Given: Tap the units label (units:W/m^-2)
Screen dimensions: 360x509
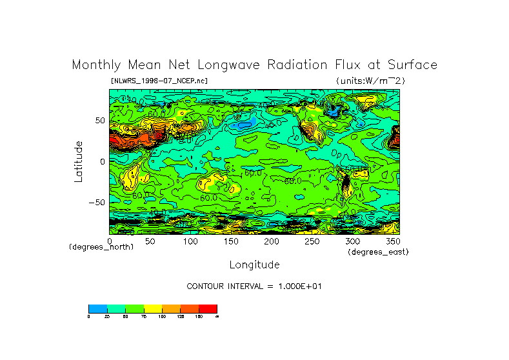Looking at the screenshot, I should [370, 81].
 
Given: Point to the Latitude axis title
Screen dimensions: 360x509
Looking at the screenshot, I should [78, 161].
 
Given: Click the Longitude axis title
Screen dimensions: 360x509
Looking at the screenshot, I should [254, 265].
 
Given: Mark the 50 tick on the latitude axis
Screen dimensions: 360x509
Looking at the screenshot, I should [100, 121].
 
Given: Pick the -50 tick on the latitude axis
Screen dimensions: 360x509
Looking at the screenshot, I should [97, 203].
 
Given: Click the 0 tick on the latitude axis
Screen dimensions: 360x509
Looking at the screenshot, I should [103, 162].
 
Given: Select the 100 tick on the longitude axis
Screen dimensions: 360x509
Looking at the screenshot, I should [190, 241].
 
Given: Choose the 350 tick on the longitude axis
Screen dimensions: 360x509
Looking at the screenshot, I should [392, 241].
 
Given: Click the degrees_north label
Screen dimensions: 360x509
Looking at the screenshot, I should [101, 247].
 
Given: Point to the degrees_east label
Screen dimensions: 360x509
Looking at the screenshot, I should [378, 252].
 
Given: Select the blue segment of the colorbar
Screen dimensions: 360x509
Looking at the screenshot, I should [97, 308].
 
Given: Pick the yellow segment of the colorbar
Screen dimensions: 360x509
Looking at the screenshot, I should [153, 308].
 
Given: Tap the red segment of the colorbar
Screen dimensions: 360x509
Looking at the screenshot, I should [208, 308].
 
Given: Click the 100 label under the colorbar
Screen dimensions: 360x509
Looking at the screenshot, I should [163, 316].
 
